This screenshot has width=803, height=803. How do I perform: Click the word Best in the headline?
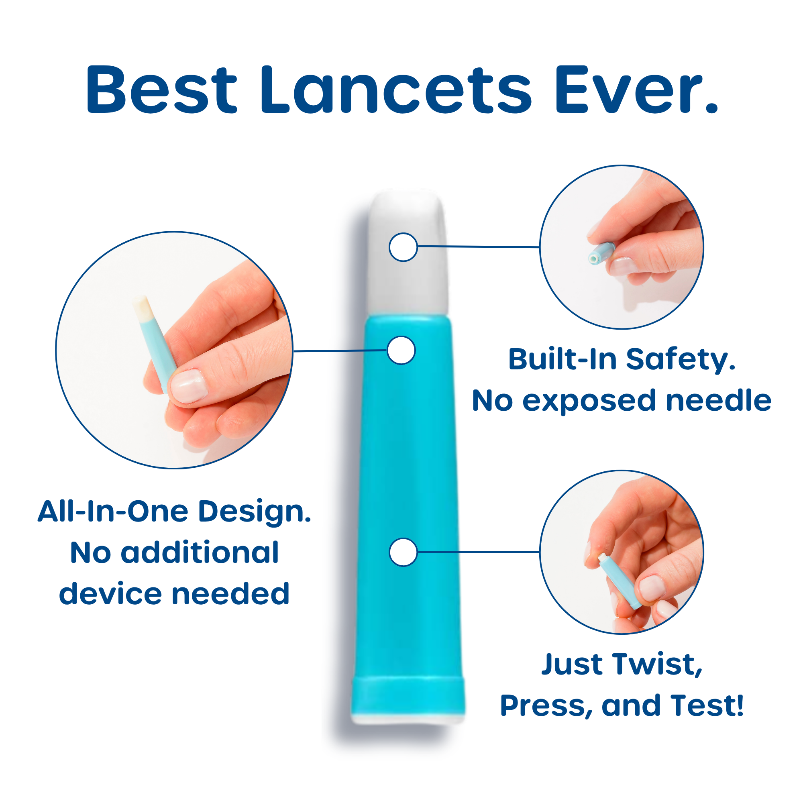click(x=162, y=89)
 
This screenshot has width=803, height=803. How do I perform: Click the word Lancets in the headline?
click(x=396, y=89)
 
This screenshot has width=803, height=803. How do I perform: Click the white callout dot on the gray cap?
click(x=403, y=247)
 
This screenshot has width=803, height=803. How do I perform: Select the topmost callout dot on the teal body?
click(x=401, y=350)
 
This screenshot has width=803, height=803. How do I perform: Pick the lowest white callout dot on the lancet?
click(x=403, y=552)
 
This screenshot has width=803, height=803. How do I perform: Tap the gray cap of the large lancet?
click(x=407, y=253)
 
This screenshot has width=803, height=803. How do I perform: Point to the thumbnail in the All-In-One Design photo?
click(x=189, y=386)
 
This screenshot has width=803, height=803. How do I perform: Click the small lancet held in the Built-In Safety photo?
click(x=601, y=253)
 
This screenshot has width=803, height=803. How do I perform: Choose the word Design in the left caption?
click(x=255, y=512)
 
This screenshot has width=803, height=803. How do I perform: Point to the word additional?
click(x=200, y=553)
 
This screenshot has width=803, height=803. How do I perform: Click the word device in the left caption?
click(x=110, y=594)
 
